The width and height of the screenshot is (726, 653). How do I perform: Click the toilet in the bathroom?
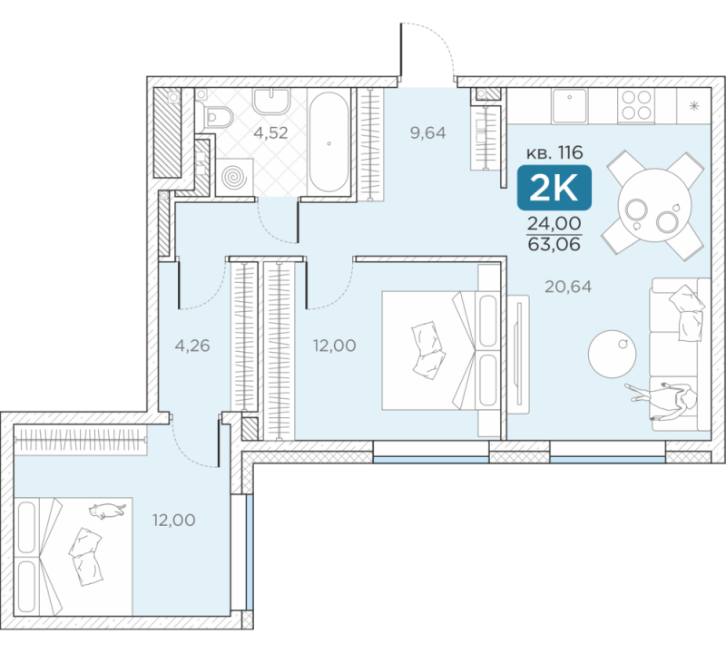coord(214,116)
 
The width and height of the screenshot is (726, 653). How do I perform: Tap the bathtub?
coord(329,142)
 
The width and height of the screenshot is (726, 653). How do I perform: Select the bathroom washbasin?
coord(271,101)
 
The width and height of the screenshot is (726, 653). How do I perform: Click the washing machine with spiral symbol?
coord(235,177)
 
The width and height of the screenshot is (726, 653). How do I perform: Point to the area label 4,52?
coord(270,133)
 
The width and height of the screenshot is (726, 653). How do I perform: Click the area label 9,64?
coord(427,133)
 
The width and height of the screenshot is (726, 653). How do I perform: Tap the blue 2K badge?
coord(554,188)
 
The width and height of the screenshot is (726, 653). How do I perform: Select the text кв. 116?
coord(554,152)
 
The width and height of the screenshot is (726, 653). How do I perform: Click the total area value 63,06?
coord(554,244)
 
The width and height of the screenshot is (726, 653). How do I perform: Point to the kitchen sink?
coord(570,106)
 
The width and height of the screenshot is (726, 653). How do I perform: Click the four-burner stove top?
coord(637,106)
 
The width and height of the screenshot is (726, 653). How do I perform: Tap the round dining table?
coord(654,205)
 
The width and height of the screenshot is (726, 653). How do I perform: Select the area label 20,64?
coord(568,287)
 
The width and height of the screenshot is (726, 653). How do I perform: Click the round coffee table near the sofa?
coord(612,354)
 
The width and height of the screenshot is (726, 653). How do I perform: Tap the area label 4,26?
coord(192,346)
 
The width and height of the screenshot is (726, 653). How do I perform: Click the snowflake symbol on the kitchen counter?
coord(694,106)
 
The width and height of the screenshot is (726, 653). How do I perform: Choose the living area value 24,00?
coord(554,223)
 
